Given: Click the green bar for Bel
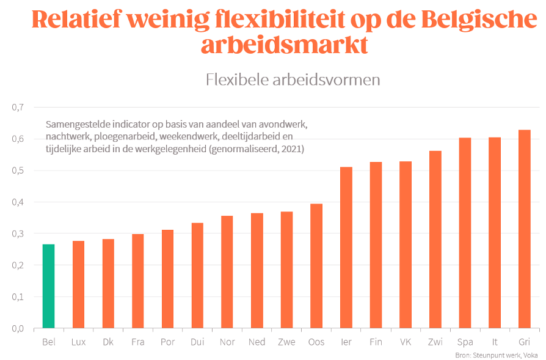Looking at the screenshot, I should tap(48, 286).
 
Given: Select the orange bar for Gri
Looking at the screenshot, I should tap(524, 229).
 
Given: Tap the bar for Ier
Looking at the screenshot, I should tap(346, 247).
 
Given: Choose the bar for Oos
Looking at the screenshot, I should tap(316, 265).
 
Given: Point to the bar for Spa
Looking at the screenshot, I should tap(465, 233).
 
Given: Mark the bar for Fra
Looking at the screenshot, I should tap(137, 281).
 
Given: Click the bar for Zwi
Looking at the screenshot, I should tap(435, 239).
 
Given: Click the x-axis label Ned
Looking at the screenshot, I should tap(257, 342).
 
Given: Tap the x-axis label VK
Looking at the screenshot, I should tap(405, 342).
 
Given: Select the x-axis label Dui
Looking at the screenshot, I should tap(197, 342).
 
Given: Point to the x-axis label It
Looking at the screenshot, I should tap(495, 342).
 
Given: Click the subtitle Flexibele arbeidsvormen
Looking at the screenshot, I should tap(293, 80).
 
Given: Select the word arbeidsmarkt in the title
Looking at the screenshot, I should tap(285, 45).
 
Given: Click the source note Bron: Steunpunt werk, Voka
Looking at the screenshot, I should tap(497, 355).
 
